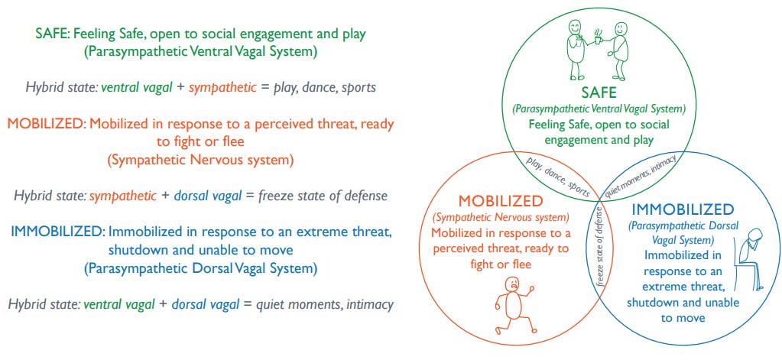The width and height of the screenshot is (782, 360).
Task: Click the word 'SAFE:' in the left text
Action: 53,34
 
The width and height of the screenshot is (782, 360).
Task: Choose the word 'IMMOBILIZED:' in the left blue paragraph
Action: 57,231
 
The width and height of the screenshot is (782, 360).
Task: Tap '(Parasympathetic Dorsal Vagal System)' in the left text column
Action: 201,268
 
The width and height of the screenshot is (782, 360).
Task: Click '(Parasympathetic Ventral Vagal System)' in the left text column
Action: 201,53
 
